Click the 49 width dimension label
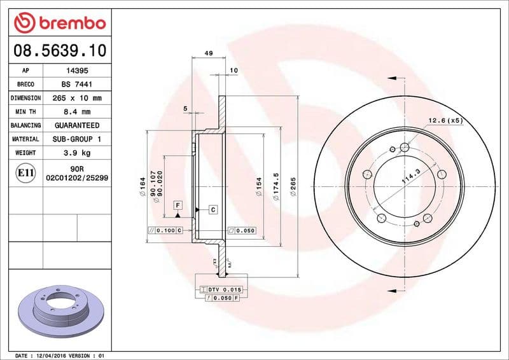click(209, 53)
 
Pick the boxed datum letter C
click(212, 209)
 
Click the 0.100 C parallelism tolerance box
click(165, 230)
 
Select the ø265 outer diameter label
click(294, 186)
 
